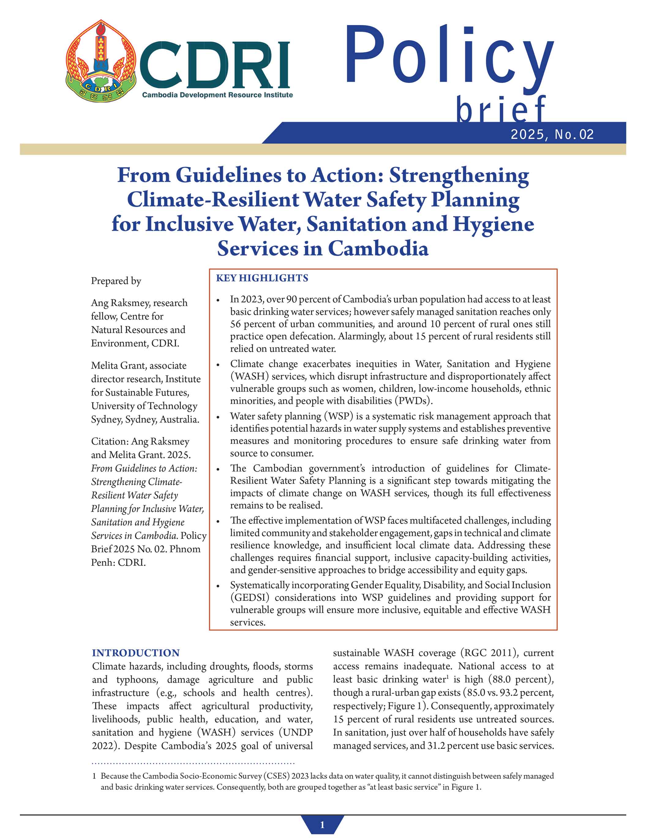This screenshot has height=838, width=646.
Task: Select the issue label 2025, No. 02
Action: [x=552, y=134]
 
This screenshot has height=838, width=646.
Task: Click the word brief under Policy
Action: [x=500, y=110]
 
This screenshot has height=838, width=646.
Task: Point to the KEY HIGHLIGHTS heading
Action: [x=262, y=278]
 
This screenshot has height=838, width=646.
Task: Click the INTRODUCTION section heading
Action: [x=136, y=653]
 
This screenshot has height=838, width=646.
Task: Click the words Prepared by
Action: [x=116, y=281]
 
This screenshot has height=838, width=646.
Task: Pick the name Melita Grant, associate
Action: [x=139, y=365]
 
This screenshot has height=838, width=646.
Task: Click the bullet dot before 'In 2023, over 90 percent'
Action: [x=218, y=300]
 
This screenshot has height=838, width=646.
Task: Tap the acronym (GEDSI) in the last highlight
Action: [x=250, y=597]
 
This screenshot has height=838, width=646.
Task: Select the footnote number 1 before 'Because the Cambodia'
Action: [x=94, y=776]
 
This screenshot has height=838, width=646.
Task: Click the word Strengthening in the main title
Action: [x=459, y=175]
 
